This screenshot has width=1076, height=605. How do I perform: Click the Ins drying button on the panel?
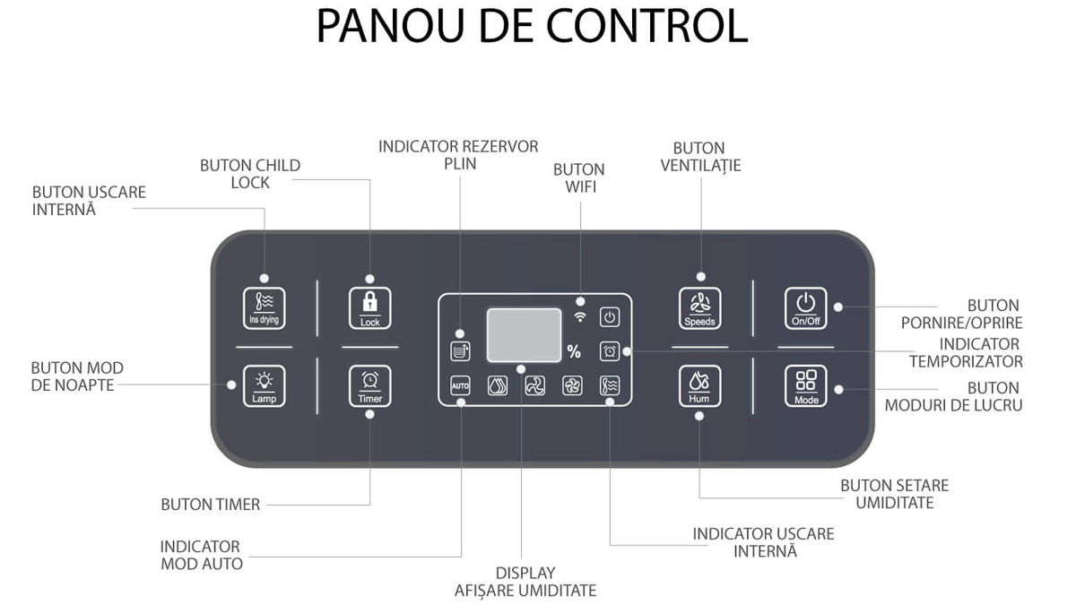[264, 307]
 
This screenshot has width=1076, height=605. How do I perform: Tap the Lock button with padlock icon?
[370, 307]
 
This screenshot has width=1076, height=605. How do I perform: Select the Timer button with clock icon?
[370, 386]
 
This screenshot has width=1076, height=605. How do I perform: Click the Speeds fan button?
[700, 307]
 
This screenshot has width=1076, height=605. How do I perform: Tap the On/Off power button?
[805, 307]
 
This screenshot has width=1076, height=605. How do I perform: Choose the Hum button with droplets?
[700, 386]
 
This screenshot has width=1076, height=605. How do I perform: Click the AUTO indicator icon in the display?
[460, 385]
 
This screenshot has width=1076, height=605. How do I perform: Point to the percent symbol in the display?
[574, 351]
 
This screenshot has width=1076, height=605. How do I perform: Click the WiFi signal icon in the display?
[580, 316]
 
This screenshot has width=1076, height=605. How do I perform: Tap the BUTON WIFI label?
[578, 177]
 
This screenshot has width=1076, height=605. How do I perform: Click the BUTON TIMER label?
[211, 505]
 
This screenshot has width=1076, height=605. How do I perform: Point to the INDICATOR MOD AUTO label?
[201, 555]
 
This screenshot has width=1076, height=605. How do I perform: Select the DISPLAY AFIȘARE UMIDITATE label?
[525, 581]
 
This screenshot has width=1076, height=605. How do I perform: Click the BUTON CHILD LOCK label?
[250, 174]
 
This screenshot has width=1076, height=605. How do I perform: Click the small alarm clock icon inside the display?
[610, 351]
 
